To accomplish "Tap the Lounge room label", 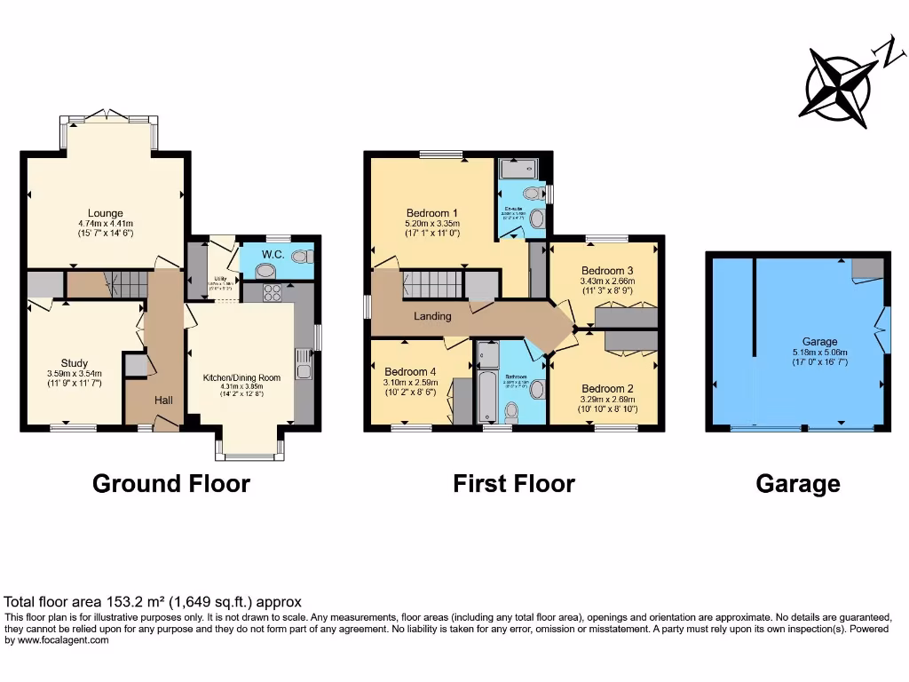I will tap(105, 212).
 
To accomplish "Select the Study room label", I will tap(75, 362).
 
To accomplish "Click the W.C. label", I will tap(273, 254).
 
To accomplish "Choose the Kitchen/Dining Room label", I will tap(241, 377).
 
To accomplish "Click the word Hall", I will tap(163, 400).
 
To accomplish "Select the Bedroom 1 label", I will tap(431, 213).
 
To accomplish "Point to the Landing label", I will tap(432, 316).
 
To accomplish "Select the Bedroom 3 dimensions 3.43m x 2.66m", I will tap(607, 282).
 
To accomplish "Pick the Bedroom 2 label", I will tap(607, 388).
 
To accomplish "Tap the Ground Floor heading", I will tap(171, 483).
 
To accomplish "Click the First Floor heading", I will tap(514, 483).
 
